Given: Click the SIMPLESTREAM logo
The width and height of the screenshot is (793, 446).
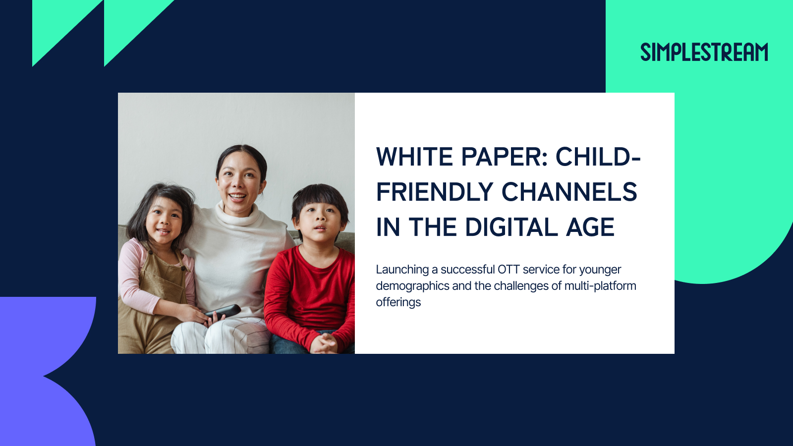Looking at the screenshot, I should tap(704, 52).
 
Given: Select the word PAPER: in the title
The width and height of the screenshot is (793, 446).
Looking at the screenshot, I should tap(505, 157).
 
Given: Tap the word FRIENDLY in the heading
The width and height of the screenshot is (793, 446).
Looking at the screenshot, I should tap(434, 192).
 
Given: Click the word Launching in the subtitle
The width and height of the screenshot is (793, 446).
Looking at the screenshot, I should tap(402, 270).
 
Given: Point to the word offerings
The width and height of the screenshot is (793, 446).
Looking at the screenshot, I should tap(398, 302).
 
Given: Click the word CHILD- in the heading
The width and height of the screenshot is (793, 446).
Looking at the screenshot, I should tap(598, 157).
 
